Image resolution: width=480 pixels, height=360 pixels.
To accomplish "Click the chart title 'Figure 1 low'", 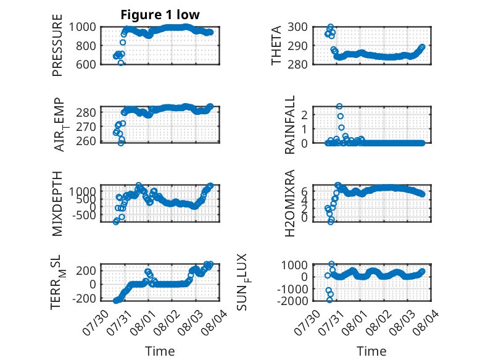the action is (160, 15).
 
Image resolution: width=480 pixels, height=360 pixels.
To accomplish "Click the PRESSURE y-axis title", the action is (57, 45).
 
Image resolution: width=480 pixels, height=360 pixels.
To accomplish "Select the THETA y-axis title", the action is (276, 45).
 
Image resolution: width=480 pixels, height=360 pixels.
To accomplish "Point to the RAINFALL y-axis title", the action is (289, 124).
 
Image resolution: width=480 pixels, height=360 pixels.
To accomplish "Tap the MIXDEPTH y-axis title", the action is (57, 203).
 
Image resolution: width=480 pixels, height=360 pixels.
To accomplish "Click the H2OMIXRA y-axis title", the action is (289, 203).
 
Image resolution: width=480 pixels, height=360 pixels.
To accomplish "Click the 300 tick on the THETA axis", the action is (297, 27).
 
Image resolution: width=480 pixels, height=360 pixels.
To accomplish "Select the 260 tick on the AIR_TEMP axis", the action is (86, 141).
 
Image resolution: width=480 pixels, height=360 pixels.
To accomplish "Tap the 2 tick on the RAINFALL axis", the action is (304, 115).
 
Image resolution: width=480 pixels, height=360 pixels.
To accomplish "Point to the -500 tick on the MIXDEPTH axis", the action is (84, 215).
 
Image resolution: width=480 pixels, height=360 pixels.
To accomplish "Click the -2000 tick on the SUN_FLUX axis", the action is (292, 301).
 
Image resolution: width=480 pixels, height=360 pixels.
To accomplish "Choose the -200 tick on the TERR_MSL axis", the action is (84, 298).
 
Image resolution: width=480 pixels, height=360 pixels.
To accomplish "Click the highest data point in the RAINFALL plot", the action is (339, 106).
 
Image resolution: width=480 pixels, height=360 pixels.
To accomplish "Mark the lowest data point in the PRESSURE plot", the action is (121, 63).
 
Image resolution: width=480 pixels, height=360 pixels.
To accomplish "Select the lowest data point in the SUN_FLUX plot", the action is (329, 300).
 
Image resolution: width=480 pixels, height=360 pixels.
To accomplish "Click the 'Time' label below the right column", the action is (371, 351).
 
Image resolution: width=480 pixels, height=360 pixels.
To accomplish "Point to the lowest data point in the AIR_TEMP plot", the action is (121, 143).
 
